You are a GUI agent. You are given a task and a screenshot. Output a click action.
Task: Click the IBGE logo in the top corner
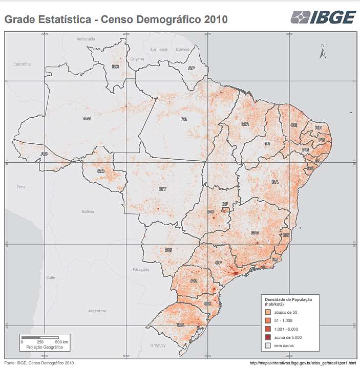click(x=323, y=17)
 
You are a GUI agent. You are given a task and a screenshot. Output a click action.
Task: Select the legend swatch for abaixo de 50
click(x=267, y=312)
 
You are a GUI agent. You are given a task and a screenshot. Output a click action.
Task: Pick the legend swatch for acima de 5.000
click(x=267, y=337)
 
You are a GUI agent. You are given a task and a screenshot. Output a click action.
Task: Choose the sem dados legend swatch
click(x=267, y=346)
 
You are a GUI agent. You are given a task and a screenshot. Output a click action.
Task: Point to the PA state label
click(x=183, y=119)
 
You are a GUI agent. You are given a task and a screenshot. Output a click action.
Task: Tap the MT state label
click(x=162, y=189)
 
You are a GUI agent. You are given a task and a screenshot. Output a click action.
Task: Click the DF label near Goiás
click(x=224, y=204)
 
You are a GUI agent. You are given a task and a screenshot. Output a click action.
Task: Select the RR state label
click(x=116, y=67)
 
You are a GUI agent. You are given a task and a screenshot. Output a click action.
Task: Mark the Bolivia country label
click(x=89, y=211)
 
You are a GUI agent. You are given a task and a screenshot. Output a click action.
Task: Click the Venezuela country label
click(x=86, y=39)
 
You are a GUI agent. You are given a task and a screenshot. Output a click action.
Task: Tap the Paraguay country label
click(x=141, y=269)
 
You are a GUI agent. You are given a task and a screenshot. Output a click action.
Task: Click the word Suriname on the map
click(x=159, y=49)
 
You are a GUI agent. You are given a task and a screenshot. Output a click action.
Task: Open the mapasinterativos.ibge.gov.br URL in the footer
click(x=302, y=363)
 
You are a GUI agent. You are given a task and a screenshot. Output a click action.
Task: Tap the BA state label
click(x=275, y=182)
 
